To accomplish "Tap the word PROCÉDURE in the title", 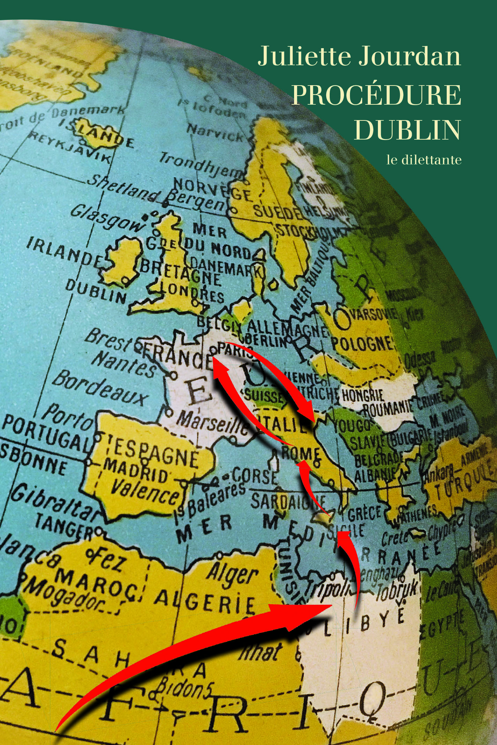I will tap(376, 95).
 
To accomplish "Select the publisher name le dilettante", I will tap(424, 160).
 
